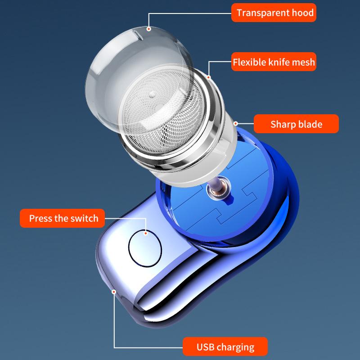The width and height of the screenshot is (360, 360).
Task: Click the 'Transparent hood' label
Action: coord(274,13)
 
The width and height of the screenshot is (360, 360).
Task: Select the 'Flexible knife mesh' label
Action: coord(274,62)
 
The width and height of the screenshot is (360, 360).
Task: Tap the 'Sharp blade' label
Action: coord(296,124)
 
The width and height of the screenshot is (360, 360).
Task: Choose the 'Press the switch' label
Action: coord(63,219)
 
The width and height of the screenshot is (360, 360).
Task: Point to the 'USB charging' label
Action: coord(225,347)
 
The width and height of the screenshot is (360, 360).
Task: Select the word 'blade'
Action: coord(310,124)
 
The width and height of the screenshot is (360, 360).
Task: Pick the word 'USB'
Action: coord(207,347)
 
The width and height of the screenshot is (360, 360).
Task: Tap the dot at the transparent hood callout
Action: coord(149,29)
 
